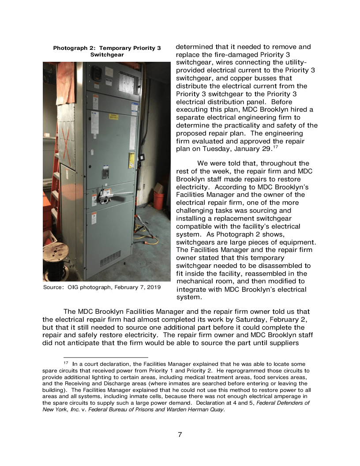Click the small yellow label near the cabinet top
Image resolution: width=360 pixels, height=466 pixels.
click(113, 116)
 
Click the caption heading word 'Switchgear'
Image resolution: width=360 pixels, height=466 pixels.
click(107, 55)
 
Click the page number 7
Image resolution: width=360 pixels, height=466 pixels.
click(180, 435)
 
